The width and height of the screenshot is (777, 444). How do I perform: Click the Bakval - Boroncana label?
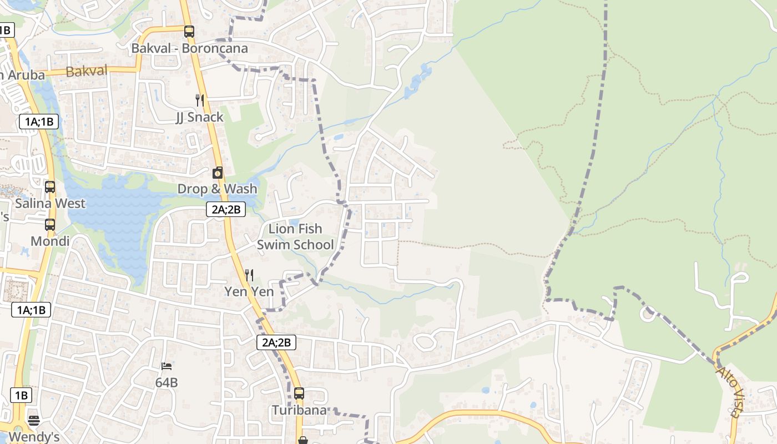189,48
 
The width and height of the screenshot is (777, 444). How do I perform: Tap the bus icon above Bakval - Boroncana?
189,32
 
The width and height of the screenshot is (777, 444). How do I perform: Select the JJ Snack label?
199,117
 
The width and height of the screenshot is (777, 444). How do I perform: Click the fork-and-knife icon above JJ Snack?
200,100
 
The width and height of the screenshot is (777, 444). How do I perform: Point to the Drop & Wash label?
217,189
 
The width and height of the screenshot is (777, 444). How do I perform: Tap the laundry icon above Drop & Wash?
218,173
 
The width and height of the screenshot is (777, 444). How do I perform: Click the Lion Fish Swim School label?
295,236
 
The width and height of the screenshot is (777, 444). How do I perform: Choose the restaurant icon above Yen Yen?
249,275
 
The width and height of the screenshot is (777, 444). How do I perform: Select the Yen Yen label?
249,291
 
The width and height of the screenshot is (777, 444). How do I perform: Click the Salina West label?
50,203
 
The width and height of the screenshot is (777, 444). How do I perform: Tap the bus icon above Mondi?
50,225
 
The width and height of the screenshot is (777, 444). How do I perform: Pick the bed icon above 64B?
167,366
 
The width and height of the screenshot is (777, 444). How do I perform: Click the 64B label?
167,382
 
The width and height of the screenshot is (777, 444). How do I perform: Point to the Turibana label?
299,410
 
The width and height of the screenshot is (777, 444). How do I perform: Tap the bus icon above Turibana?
299,393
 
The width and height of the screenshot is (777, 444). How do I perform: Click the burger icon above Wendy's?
34,420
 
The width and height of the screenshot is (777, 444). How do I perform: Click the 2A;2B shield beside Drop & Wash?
225,209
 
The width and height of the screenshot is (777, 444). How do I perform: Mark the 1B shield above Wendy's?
21,395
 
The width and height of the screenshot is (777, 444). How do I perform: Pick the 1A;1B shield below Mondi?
31,310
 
